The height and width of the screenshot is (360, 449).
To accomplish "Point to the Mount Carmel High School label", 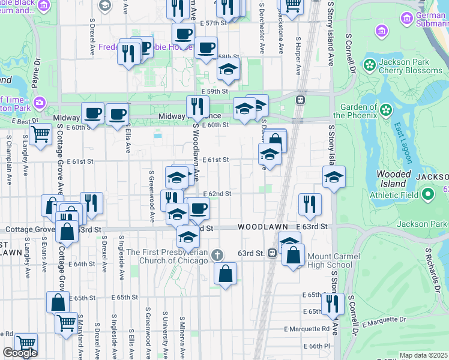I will click(x=330, y=260).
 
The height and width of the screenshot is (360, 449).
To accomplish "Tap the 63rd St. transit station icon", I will click(x=271, y=253).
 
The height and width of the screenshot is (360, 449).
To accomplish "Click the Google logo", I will click(x=20, y=353).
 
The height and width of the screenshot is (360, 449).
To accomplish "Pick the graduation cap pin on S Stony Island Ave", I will click(x=334, y=176).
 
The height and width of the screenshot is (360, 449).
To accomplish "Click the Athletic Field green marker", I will click(x=427, y=194).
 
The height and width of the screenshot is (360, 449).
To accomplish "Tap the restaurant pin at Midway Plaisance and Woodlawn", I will click(x=197, y=106).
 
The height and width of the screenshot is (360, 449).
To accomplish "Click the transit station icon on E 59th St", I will click(x=299, y=100).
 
